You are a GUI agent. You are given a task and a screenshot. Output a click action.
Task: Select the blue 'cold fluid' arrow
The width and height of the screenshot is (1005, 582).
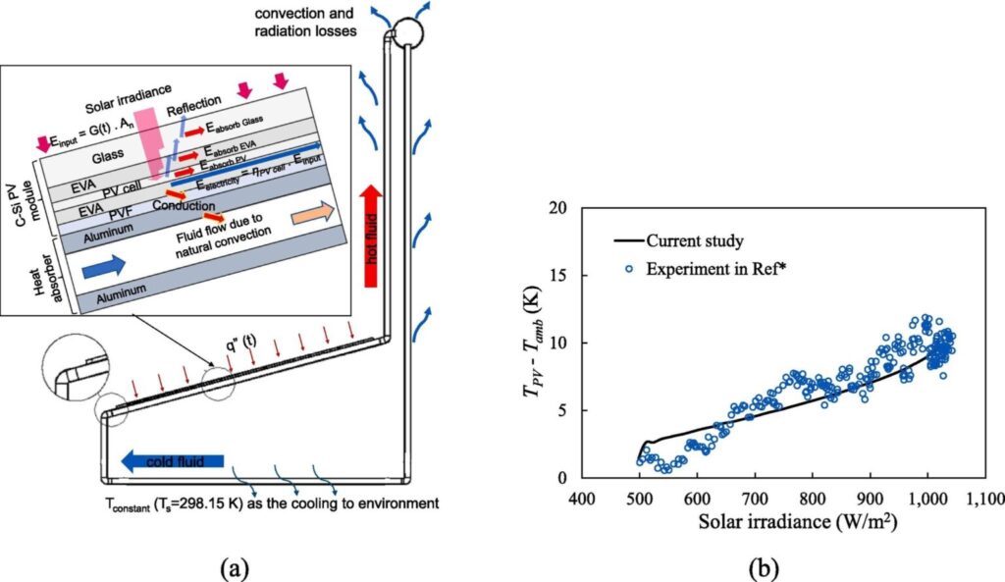coord(173,461)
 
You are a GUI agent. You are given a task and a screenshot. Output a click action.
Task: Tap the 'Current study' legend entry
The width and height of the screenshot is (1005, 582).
coord(679,241)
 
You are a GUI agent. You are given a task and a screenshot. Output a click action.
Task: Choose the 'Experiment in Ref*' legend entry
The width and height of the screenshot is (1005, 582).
coord(705,269)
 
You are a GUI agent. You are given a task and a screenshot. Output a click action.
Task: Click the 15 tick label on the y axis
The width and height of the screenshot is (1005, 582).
coord(560,275)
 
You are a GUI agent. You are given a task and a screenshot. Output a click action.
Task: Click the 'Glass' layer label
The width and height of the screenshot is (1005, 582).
coord(107,157)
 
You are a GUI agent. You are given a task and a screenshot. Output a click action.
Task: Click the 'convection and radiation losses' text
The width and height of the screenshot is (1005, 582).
coord(305,22)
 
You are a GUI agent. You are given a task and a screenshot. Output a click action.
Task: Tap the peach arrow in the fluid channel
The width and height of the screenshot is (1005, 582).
coord(312,213)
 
